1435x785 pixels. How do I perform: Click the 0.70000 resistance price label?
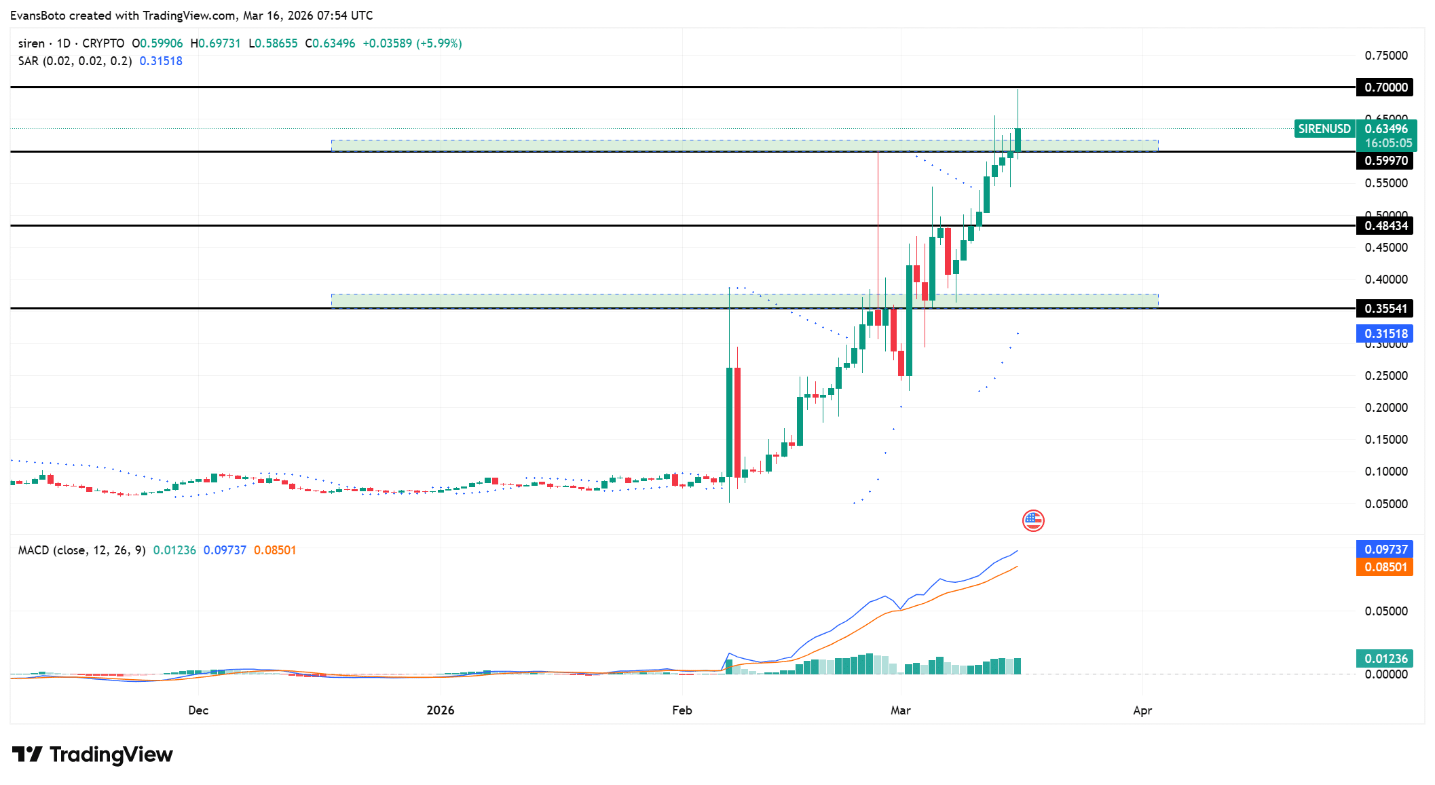click(x=1385, y=88)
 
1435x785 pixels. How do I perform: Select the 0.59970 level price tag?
click(x=1385, y=161)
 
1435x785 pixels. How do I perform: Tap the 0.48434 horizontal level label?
click(x=1385, y=226)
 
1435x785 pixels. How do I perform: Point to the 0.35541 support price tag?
click(x=1385, y=309)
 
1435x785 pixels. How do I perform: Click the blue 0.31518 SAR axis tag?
click(x=1385, y=334)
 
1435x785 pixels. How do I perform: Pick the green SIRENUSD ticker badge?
click(x=1324, y=129)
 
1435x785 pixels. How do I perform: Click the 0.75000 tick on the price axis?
click(x=1385, y=56)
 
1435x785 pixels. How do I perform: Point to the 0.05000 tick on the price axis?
click(x=1385, y=504)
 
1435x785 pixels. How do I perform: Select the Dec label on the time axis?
click(x=198, y=710)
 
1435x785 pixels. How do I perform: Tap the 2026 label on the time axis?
click(x=440, y=710)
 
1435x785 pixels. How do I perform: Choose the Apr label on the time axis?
click(x=1142, y=710)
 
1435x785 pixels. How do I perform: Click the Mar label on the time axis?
click(x=900, y=710)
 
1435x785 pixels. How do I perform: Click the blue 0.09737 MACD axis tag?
click(x=1385, y=550)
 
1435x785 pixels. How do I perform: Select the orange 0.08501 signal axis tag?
click(x=1385, y=567)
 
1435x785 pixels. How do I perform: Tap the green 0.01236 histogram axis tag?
click(x=1385, y=659)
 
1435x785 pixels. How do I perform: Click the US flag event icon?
click(x=1033, y=521)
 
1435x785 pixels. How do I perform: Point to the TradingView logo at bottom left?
click(x=93, y=754)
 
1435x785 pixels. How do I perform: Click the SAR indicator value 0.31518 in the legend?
click(x=161, y=61)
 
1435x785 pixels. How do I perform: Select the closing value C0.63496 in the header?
click(x=330, y=43)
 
